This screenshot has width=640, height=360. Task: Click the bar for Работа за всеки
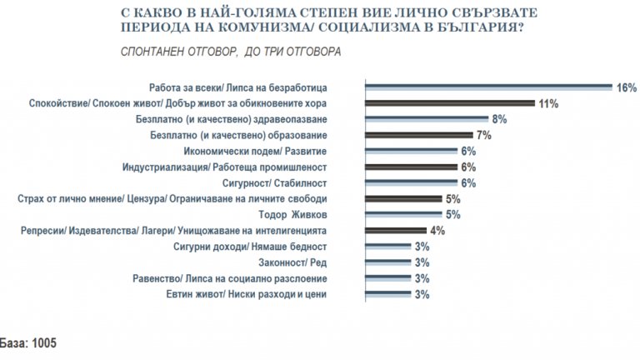click(x=487, y=87)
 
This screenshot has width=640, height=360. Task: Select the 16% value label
click(x=626, y=87)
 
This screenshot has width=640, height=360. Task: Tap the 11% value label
click(x=547, y=103)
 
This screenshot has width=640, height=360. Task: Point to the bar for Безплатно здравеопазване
click(x=426, y=119)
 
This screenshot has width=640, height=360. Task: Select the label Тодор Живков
click(x=290, y=214)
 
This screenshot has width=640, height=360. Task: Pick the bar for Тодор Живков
click(x=402, y=214)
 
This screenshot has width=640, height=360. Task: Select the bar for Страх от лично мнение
click(x=402, y=198)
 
